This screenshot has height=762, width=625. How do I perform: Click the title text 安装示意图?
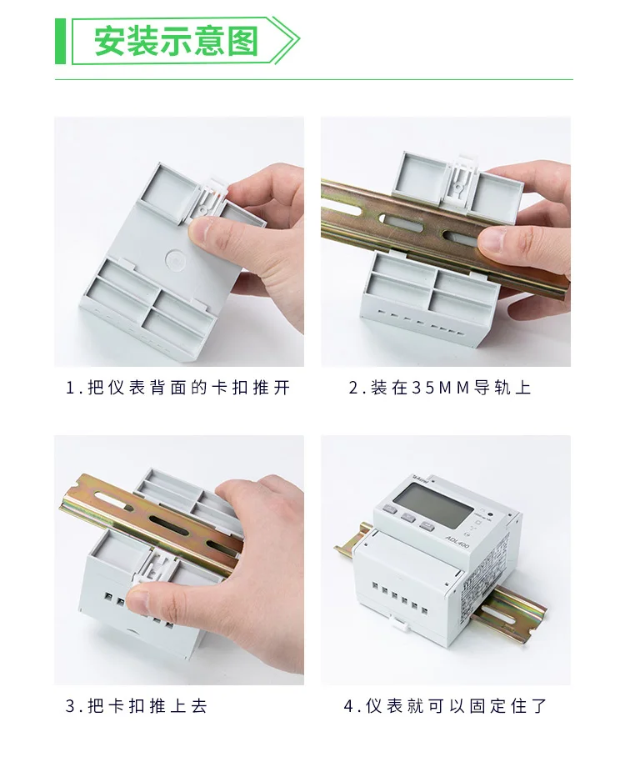(x=176, y=41)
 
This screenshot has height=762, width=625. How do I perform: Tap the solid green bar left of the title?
(x=60, y=40)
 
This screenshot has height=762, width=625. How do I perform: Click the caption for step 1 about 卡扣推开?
(x=178, y=388)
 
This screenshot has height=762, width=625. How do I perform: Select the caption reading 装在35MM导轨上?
(x=439, y=388)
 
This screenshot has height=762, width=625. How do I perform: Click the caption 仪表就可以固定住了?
(x=445, y=706)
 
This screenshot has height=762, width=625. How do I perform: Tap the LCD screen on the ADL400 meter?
(x=431, y=504)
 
